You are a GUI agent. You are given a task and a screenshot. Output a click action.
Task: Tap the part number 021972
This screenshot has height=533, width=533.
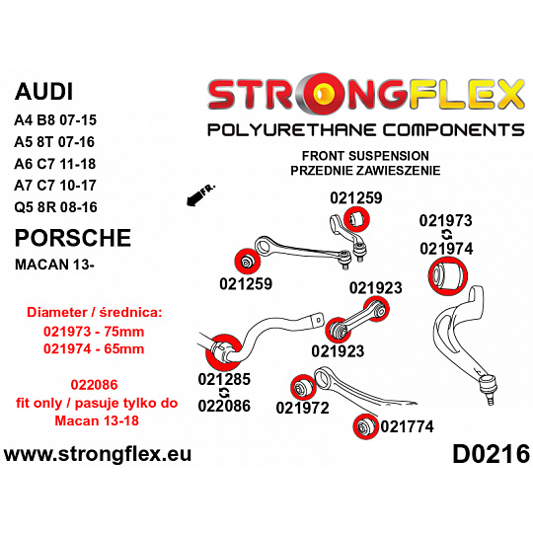(303, 408)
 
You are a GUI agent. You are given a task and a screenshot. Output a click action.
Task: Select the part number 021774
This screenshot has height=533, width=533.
(407, 426)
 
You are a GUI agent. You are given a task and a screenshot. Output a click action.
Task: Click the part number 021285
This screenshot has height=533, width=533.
(224, 379)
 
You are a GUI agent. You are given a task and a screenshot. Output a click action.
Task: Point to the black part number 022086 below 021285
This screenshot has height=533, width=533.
(224, 406)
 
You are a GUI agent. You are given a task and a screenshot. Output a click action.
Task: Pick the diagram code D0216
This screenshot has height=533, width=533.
(491, 454)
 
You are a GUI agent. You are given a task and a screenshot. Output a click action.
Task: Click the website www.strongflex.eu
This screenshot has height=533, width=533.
(98, 454)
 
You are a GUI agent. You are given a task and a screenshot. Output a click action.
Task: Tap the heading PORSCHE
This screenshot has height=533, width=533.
(73, 238)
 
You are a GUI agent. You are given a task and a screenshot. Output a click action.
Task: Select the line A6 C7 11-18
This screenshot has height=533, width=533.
(55, 164)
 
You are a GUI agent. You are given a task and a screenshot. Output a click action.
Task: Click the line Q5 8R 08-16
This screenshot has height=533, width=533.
(55, 207)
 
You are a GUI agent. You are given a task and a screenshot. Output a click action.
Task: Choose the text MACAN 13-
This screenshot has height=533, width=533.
(54, 265)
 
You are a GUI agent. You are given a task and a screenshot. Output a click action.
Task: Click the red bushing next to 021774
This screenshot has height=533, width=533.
(366, 426)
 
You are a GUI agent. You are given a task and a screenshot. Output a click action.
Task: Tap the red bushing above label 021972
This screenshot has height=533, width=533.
(304, 387)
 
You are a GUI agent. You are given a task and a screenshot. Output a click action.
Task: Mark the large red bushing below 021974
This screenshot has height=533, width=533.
(448, 276)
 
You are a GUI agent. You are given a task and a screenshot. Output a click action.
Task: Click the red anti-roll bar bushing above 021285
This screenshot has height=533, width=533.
(224, 351)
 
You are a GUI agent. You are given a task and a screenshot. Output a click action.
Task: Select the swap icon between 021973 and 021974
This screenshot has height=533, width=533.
(446, 235)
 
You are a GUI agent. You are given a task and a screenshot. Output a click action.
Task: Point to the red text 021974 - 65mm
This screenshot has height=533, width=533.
(94, 348)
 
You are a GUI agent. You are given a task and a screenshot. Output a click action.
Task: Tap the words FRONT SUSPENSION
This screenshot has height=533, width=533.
(365, 156)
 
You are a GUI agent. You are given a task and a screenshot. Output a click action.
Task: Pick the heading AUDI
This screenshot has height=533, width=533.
(43, 92)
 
